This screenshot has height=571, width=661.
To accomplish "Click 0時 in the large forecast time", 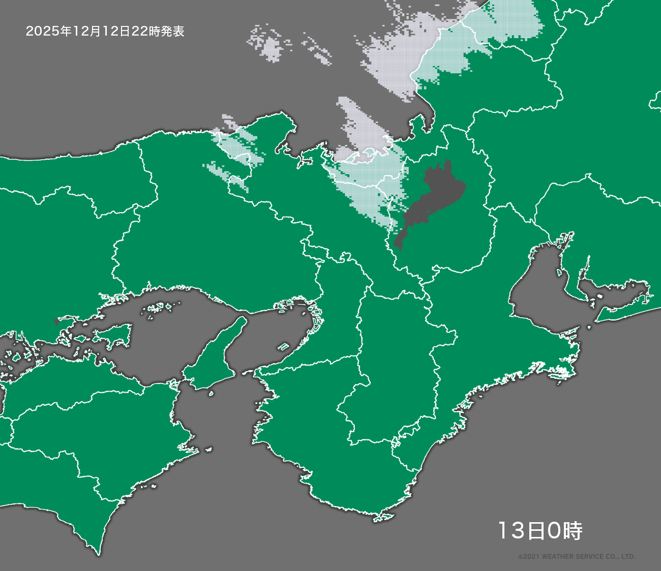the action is click(x=564, y=531).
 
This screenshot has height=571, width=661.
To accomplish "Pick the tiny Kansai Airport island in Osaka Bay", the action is click(x=283, y=347).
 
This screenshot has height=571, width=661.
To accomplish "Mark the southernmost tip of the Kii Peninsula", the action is click(x=379, y=519).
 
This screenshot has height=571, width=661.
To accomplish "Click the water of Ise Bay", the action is click(x=539, y=290).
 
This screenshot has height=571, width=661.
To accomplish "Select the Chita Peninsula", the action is click(x=569, y=285).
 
